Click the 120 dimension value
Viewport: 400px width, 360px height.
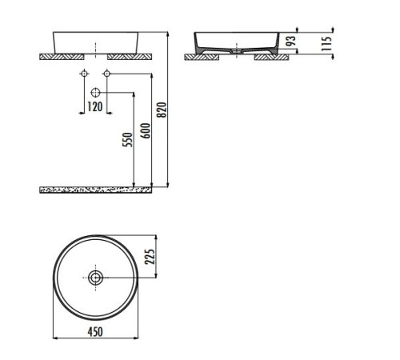point(94,106)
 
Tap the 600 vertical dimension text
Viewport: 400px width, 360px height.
point(144,127)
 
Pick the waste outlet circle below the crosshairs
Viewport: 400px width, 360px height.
point(95,92)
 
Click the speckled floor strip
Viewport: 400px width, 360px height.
point(95,190)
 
